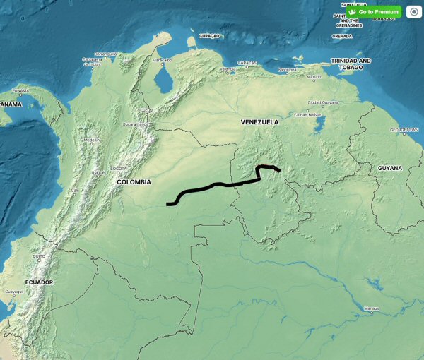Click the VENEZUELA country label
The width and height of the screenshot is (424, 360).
tap(259, 122)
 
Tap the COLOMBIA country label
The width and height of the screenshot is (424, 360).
tap(134, 182)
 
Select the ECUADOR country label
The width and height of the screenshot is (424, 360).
tap(39, 282)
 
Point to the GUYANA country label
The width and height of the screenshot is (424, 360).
tap(389, 168)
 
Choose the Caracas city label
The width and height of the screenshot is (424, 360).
tap(247, 63)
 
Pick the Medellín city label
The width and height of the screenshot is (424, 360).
tap(91, 140)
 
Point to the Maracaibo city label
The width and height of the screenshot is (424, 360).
tap(163, 61)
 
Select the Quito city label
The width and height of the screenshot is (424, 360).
tap(39, 256)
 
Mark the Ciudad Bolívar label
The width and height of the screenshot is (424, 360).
tap(308, 114)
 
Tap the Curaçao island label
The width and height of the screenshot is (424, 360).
tap(210, 35)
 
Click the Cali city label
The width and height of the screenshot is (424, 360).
tap(74, 190)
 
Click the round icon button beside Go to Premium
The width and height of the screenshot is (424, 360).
tap(413, 12)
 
